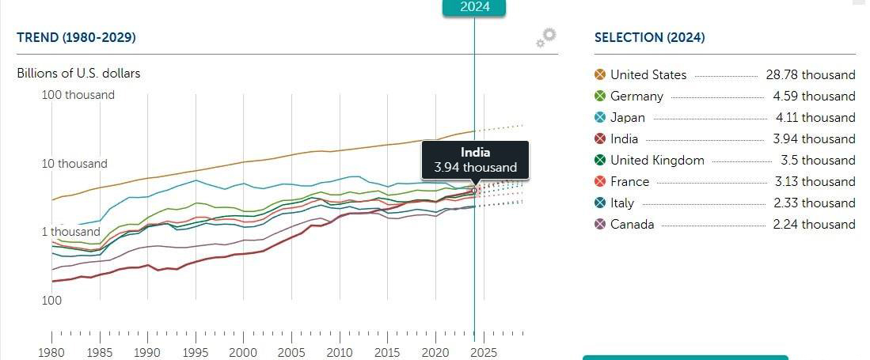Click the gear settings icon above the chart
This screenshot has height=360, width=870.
tap(546, 38)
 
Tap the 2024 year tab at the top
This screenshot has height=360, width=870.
tap(474, 6)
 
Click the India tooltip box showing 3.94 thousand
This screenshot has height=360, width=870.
tap(476, 160)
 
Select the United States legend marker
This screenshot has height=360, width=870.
tap(600, 75)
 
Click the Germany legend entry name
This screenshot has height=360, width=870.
tap(636, 96)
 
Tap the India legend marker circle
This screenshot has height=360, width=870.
tap(600, 138)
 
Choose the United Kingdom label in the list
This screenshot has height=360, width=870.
tap(657, 161)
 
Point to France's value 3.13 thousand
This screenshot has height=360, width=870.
tap(815, 181)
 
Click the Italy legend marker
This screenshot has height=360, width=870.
tap(600, 203)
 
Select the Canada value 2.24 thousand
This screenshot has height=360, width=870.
tap(815, 224)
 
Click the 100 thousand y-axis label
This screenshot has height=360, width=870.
tap(78, 95)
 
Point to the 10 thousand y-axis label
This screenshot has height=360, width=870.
tap(74, 164)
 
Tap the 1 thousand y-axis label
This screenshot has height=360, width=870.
tap(71, 232)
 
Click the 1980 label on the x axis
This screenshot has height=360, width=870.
tap(51, 352)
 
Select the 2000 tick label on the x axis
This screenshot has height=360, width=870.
tap(243, 352)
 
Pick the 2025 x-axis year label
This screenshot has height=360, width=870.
tap(484, 352)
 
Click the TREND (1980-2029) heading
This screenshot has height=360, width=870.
tap(77, 37)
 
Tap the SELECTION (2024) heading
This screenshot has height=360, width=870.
tap(650, 37)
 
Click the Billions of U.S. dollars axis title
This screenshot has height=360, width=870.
tap(78, 74)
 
